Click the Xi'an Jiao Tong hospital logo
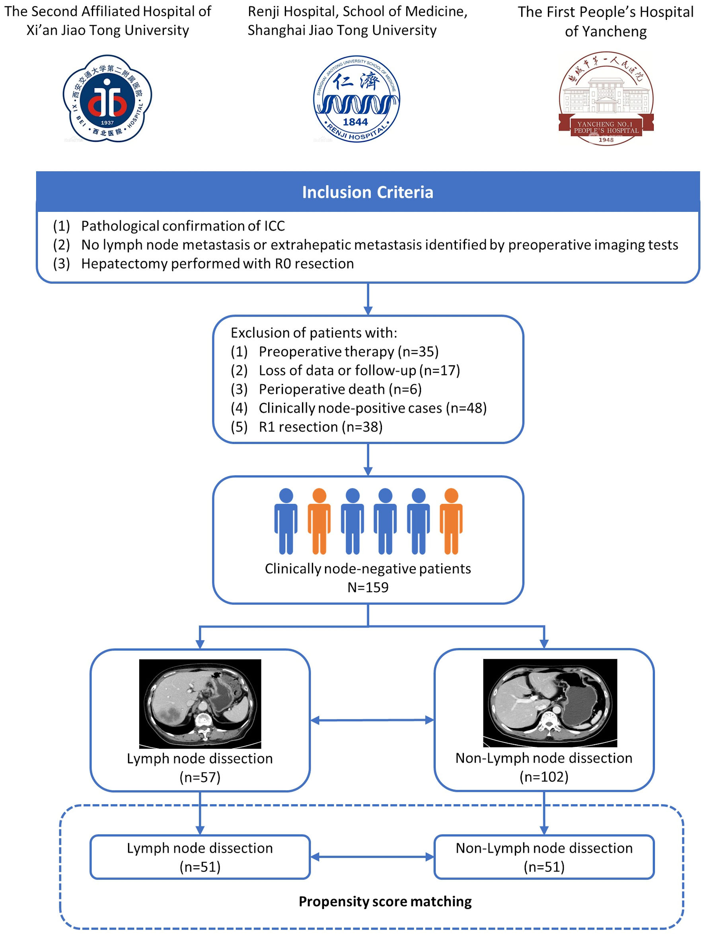point(107,98)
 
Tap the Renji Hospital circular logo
point(356,99)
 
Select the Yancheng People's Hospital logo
point(606,99)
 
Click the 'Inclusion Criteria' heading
point(368,192)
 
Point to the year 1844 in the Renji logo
point(355,122)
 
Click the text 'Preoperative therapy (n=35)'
point(349,351)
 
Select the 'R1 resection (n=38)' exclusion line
point(321,426)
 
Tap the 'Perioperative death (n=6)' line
point(340,389)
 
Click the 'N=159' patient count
point(368,587)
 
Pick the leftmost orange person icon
point(319,521)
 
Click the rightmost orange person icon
point(451,521)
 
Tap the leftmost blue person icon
point(286,521)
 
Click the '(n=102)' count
point(544,776)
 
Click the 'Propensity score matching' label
point(385,901)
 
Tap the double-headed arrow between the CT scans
point(372,720)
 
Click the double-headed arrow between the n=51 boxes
point(372,857)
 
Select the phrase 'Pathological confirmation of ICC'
point(183,226)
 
